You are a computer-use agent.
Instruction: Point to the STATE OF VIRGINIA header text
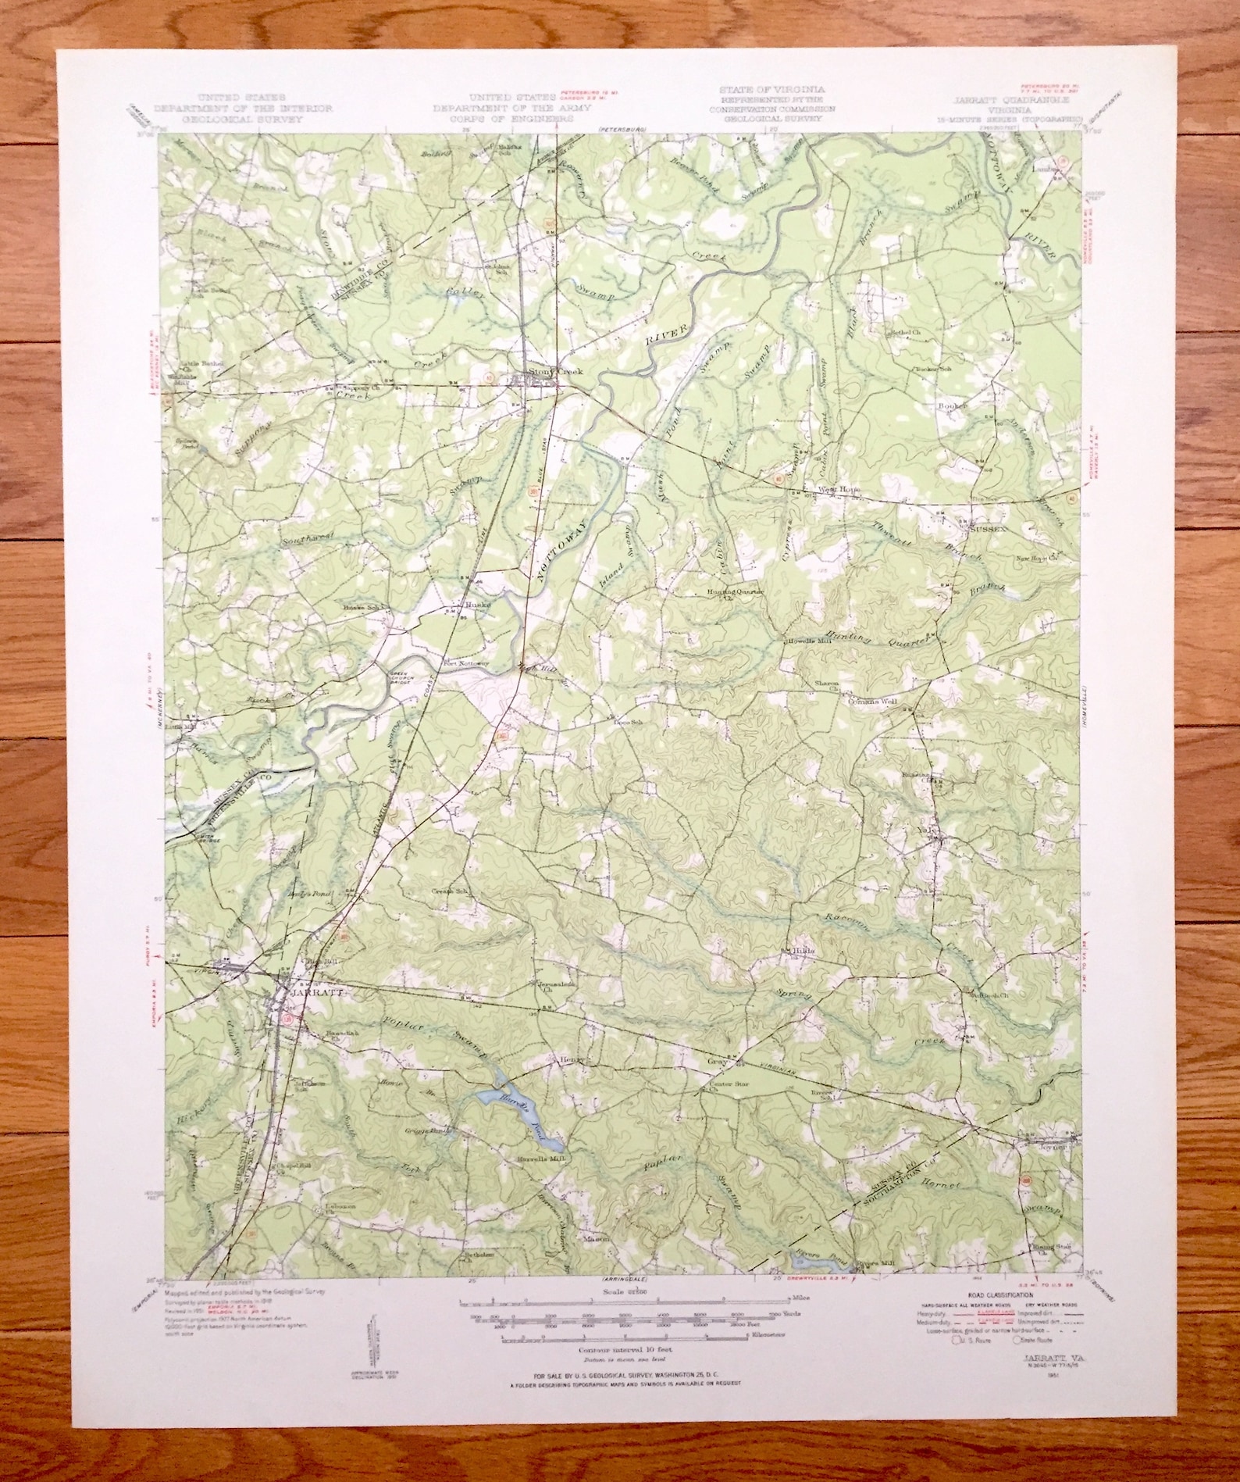[761, 90]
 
